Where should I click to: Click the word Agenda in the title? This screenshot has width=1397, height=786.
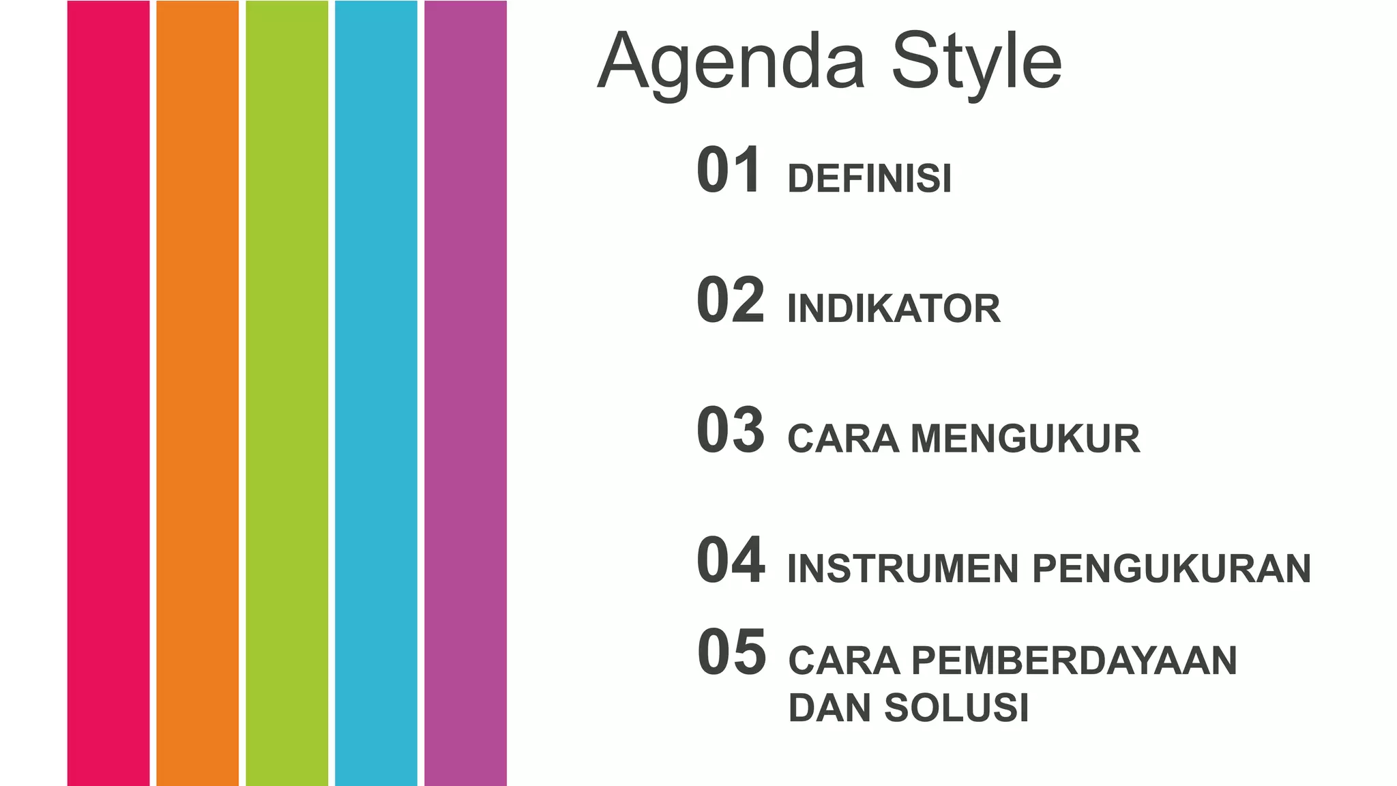tap(731, 63)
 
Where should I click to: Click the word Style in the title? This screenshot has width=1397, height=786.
tap(976, 63)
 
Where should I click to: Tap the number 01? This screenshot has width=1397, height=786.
tap(729, 171)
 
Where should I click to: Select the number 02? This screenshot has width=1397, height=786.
tap(730, 300)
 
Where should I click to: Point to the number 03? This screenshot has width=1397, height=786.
tap(730, 430)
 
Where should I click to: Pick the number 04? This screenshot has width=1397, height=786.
tap(730, 560)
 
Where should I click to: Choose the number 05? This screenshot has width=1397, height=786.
tap(731, 653)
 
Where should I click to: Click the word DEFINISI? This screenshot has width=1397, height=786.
tap(869, 179)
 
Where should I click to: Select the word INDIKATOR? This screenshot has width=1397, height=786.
tap(894, 308)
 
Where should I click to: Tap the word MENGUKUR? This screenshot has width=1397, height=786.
tap(1025, 439)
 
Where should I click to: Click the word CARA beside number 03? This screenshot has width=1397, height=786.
tap(842, 439)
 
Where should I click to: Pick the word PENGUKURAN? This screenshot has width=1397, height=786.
tap(1171, 569)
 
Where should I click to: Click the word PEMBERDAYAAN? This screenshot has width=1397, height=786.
tap(1074, 660)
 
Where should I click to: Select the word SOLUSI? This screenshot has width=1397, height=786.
tap(956, 708)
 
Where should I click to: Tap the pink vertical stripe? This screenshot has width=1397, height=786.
tap(108, 393)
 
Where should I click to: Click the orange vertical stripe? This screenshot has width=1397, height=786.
tap(198, 393)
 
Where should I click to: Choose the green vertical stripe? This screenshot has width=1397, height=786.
tap(286, 393)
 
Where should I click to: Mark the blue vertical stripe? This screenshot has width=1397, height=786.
tap(376, 393)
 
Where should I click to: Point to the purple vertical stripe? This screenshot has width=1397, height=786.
tap(465, 393)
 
